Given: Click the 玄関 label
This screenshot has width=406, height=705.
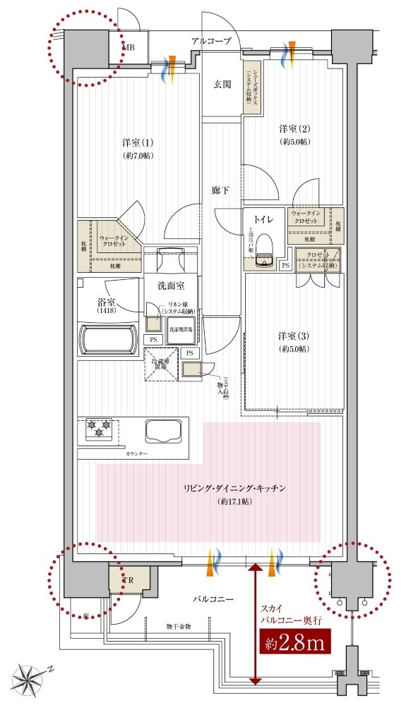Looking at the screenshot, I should click(x=222, y=85).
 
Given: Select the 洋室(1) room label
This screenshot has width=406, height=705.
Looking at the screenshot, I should click(x=133, y=142).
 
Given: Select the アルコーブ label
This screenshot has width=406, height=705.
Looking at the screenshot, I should click(x=211, y=42).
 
